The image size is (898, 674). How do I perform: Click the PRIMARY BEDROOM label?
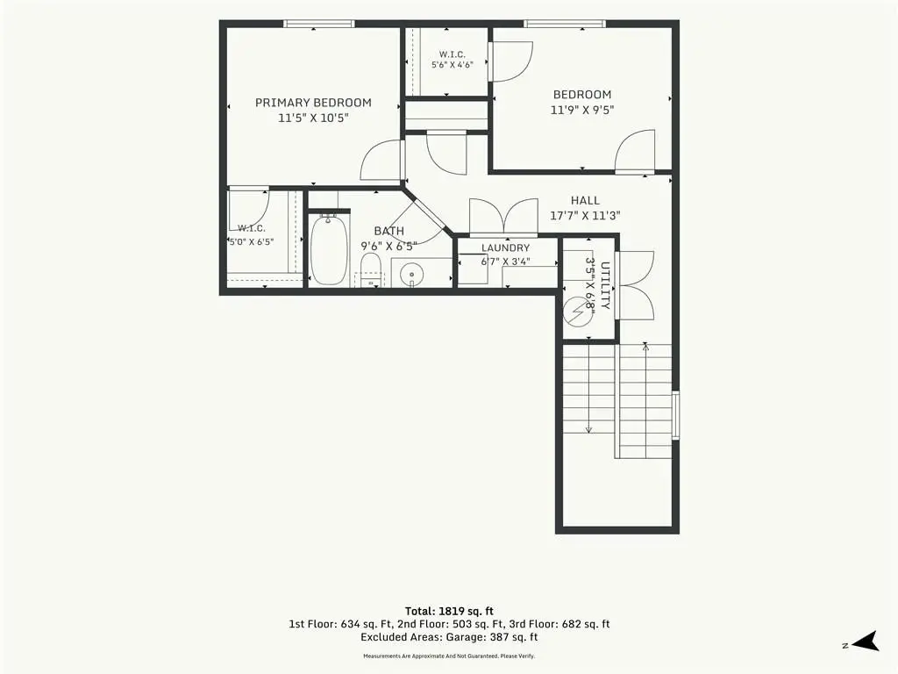tap(313, 103)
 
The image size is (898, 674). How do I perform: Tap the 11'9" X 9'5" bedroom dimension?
tap(582, 110)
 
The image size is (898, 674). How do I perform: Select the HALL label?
tap(585, 201)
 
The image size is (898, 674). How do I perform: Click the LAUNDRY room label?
tap(505, 247)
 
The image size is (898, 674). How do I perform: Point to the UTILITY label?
tap(605, 285)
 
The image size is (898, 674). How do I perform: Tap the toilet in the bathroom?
tap(371, 270)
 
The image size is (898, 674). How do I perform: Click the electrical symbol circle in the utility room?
tap(577, 312)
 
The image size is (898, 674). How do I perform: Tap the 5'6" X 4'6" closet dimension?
tap(452, 65)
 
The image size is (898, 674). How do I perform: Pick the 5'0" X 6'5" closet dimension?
tap(251, 242)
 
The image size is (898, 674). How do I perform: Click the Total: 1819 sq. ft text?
tap(449, 611)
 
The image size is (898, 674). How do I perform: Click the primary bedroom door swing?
tap(381, 161)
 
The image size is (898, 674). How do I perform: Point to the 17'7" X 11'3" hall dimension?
tap(585, 216)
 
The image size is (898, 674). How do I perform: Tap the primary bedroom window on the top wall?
tap(319, 24)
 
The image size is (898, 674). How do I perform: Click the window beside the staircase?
tap(676, 415)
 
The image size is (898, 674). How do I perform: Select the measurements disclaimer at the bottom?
tap(449, 656)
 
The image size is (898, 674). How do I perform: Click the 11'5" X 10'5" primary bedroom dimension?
tap(313, 118)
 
